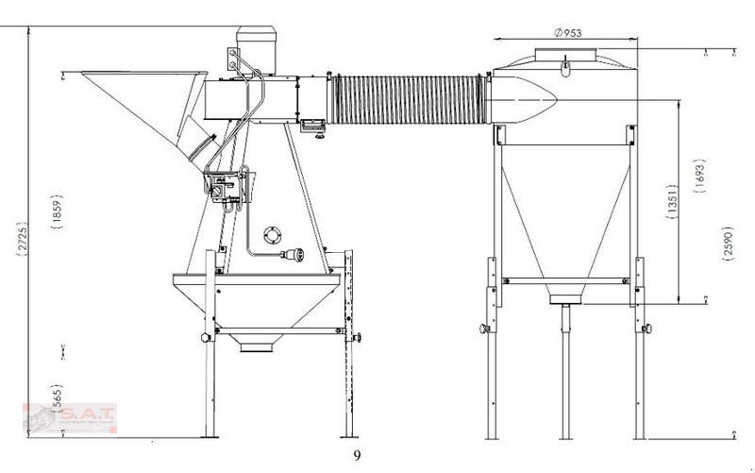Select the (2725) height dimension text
click(23, 236)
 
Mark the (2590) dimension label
click(727, 243)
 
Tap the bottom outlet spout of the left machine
click(256, 345)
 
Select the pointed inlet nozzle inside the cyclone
click(528, 96)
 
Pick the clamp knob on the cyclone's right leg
click(647, 329)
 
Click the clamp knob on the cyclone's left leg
click(484, 329)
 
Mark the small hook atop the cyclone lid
click(564, 65)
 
